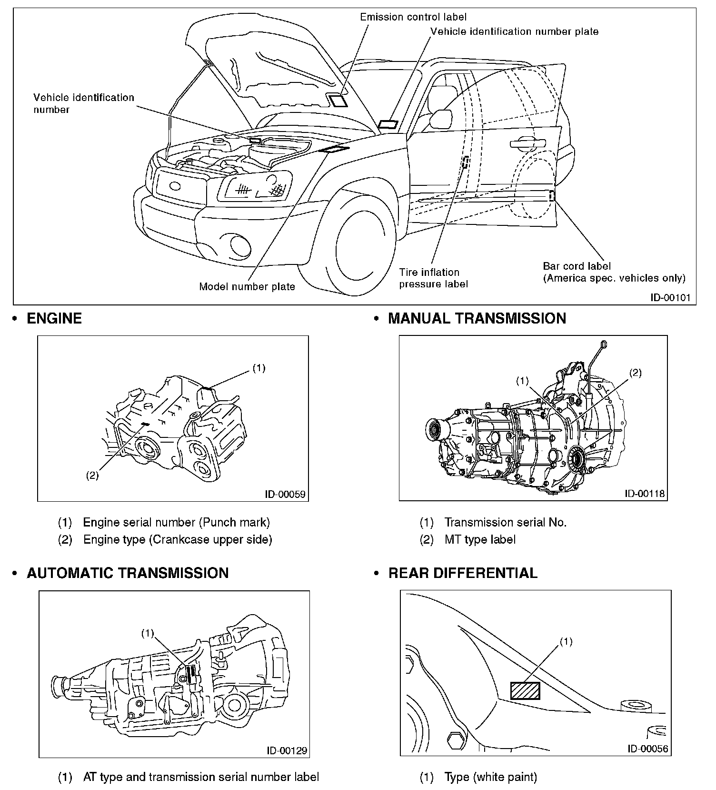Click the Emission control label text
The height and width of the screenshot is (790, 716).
click(x=413, y=17)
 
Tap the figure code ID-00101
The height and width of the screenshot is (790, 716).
click(x=670, y=298)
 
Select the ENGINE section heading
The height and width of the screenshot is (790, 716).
click(x=54, y=318)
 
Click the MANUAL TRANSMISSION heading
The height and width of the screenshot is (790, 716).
click(x=477, y=318)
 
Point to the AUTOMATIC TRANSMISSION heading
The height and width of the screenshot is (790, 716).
click(x=128, y=573)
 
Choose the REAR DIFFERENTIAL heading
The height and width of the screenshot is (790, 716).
click(x=463, y=573)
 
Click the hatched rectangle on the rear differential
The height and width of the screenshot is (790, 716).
click(x=525, y=690)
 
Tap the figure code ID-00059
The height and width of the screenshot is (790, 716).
click(x=285, y=494)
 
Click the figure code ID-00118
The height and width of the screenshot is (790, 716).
click(x=645, y=494)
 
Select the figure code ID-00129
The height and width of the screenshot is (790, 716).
click(x=287, y=751)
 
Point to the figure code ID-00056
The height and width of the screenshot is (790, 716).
click(x=647, y=749)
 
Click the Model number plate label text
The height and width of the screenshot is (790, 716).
click(x=247, y=287)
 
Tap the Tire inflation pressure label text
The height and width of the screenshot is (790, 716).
click(x=433, y=278)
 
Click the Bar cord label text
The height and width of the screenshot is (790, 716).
click(x=577, y=266)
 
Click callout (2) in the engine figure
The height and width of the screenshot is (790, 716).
click(x=92, y=475)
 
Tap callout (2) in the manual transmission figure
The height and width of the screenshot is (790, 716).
click(x=636, y=373)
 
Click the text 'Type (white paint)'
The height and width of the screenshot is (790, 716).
click(x=490, y=777)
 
